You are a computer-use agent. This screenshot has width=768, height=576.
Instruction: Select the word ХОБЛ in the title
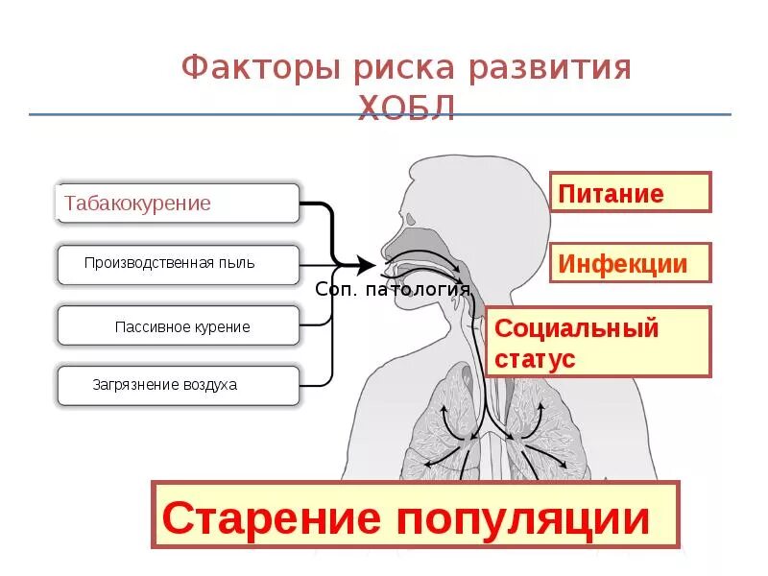click(406, 108)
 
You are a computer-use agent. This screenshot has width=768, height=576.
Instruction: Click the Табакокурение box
click(179, 204)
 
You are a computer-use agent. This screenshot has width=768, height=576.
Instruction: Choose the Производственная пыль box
click(179, 263)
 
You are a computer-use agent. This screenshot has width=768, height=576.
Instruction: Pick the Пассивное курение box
click(179, 326)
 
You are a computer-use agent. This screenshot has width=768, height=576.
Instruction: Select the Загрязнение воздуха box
click(179, 385)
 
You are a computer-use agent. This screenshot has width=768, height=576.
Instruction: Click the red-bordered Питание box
click(630, 193)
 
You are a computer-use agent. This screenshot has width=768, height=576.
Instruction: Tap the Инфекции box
click(630, 263)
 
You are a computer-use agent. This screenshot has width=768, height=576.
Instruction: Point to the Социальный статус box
click(598, 343)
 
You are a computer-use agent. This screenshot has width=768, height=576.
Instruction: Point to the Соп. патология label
click(393, 289)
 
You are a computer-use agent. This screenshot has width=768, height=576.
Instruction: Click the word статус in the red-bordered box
click(536, 359)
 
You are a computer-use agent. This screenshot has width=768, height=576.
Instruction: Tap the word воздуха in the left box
click(205, 385)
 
